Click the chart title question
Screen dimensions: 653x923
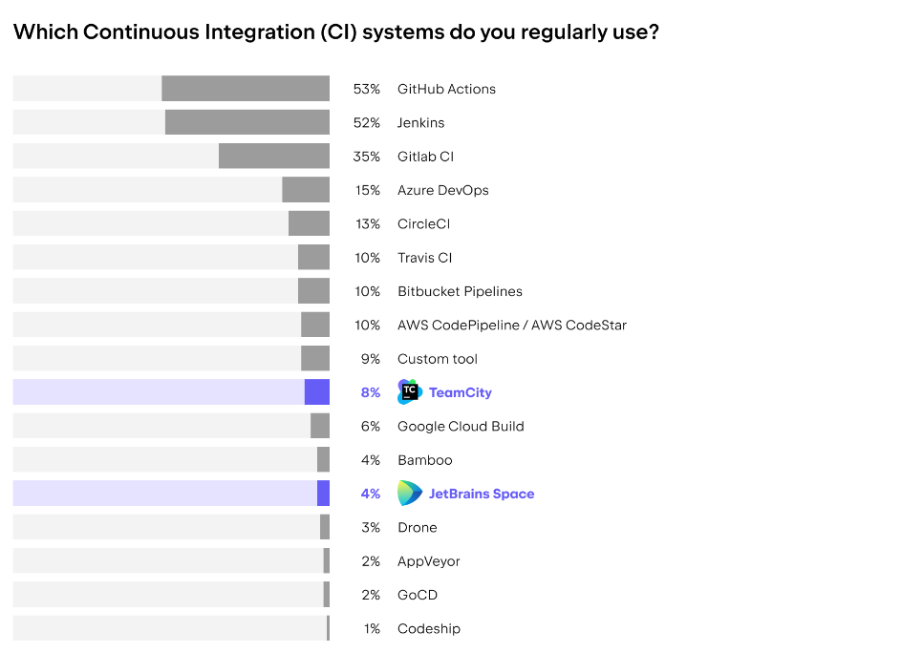[x=335, y=32]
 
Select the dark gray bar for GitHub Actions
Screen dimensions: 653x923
[x=246, y=89]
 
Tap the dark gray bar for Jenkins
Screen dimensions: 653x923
[x=247, y=122]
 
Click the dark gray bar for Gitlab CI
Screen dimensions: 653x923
[x=274, y=157]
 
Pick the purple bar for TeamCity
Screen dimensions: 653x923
[x=317, y=392]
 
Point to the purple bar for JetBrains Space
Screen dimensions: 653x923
[x=323, y=494]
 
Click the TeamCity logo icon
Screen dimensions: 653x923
[x=410, y=392]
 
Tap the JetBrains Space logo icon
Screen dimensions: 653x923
[x=410, y=494]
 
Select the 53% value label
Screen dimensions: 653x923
[x=367, y=89]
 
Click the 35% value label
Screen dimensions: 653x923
[x=367, y=157]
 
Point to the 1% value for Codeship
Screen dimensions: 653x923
[x=372, y=628]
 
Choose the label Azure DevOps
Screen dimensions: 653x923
[x=443, y=190]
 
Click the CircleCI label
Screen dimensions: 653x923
[x=424, y=223]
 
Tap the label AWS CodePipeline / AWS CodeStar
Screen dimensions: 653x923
[x=512, y=325]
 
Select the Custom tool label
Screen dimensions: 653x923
[x=438, y=359]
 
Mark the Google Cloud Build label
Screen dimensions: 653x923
[x=461, y=426]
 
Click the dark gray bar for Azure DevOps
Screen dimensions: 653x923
[x=306, y=190]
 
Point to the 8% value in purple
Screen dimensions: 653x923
[x=370, y=392]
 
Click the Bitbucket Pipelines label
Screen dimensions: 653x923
[x=460, y=291]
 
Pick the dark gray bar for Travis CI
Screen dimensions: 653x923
[x=313, y=258]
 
